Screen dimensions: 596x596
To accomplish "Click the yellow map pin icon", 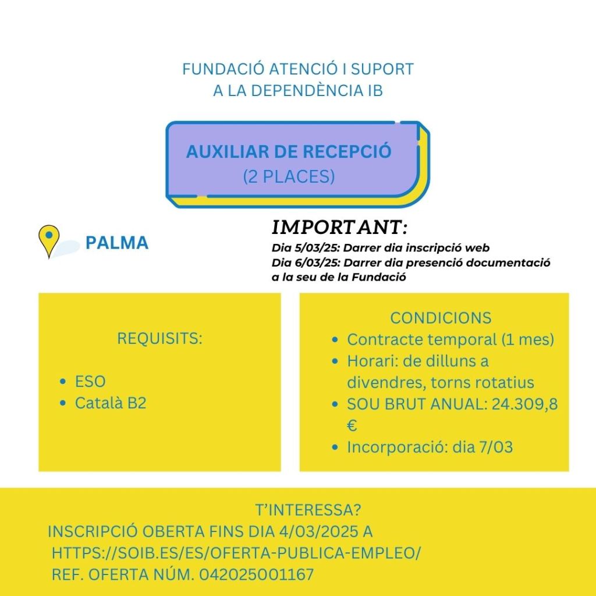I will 49,239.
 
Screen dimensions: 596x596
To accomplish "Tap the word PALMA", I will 116,243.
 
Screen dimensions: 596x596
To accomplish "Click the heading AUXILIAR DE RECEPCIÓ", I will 289,151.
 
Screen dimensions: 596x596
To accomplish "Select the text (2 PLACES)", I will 289,176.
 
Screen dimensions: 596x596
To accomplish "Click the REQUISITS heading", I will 159,338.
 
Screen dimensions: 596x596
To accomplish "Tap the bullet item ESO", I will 90,382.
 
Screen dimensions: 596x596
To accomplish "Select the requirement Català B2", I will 111,403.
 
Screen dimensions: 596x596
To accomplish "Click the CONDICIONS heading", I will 441,318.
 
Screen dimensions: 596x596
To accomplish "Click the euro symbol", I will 352,426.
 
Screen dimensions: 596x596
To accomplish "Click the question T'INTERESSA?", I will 308,510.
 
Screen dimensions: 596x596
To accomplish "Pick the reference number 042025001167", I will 256,574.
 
